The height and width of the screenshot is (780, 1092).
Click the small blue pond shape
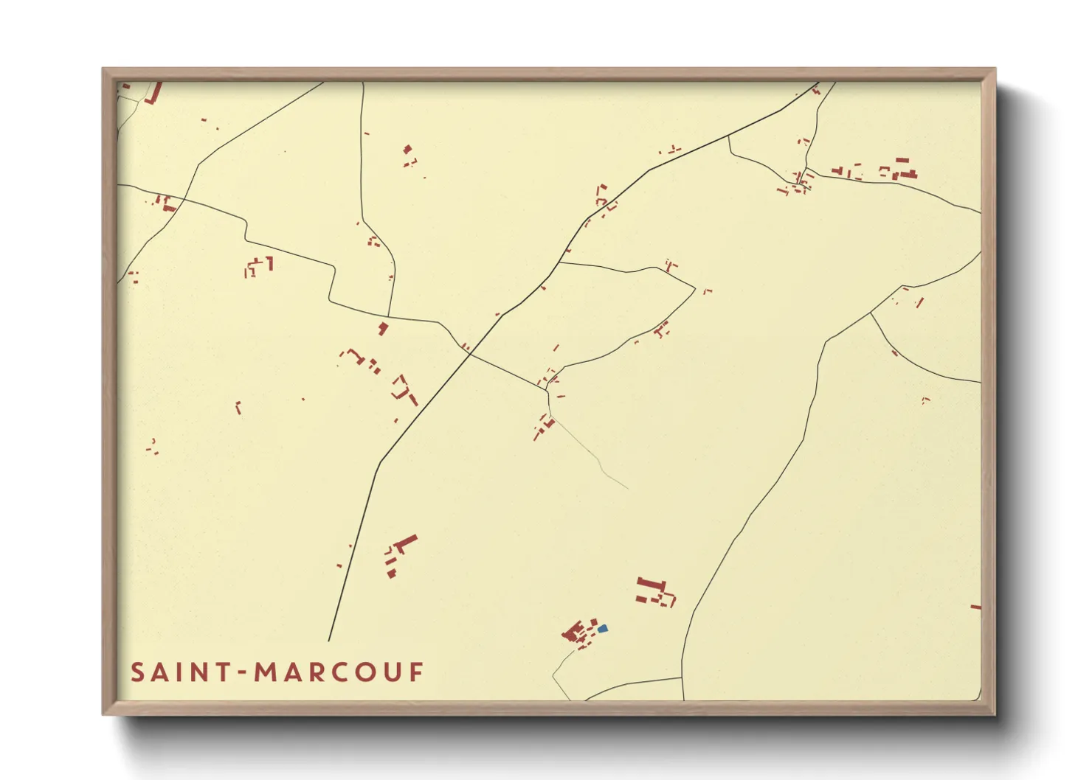point(602,628)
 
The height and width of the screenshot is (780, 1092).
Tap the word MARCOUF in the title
point(339,672)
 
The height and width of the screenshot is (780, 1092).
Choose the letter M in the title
point(265,672)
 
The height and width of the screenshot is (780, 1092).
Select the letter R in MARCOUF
point(315,672)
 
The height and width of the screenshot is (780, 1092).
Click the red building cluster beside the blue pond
point(578,633)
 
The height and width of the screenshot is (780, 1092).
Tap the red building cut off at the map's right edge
point(975,607)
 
